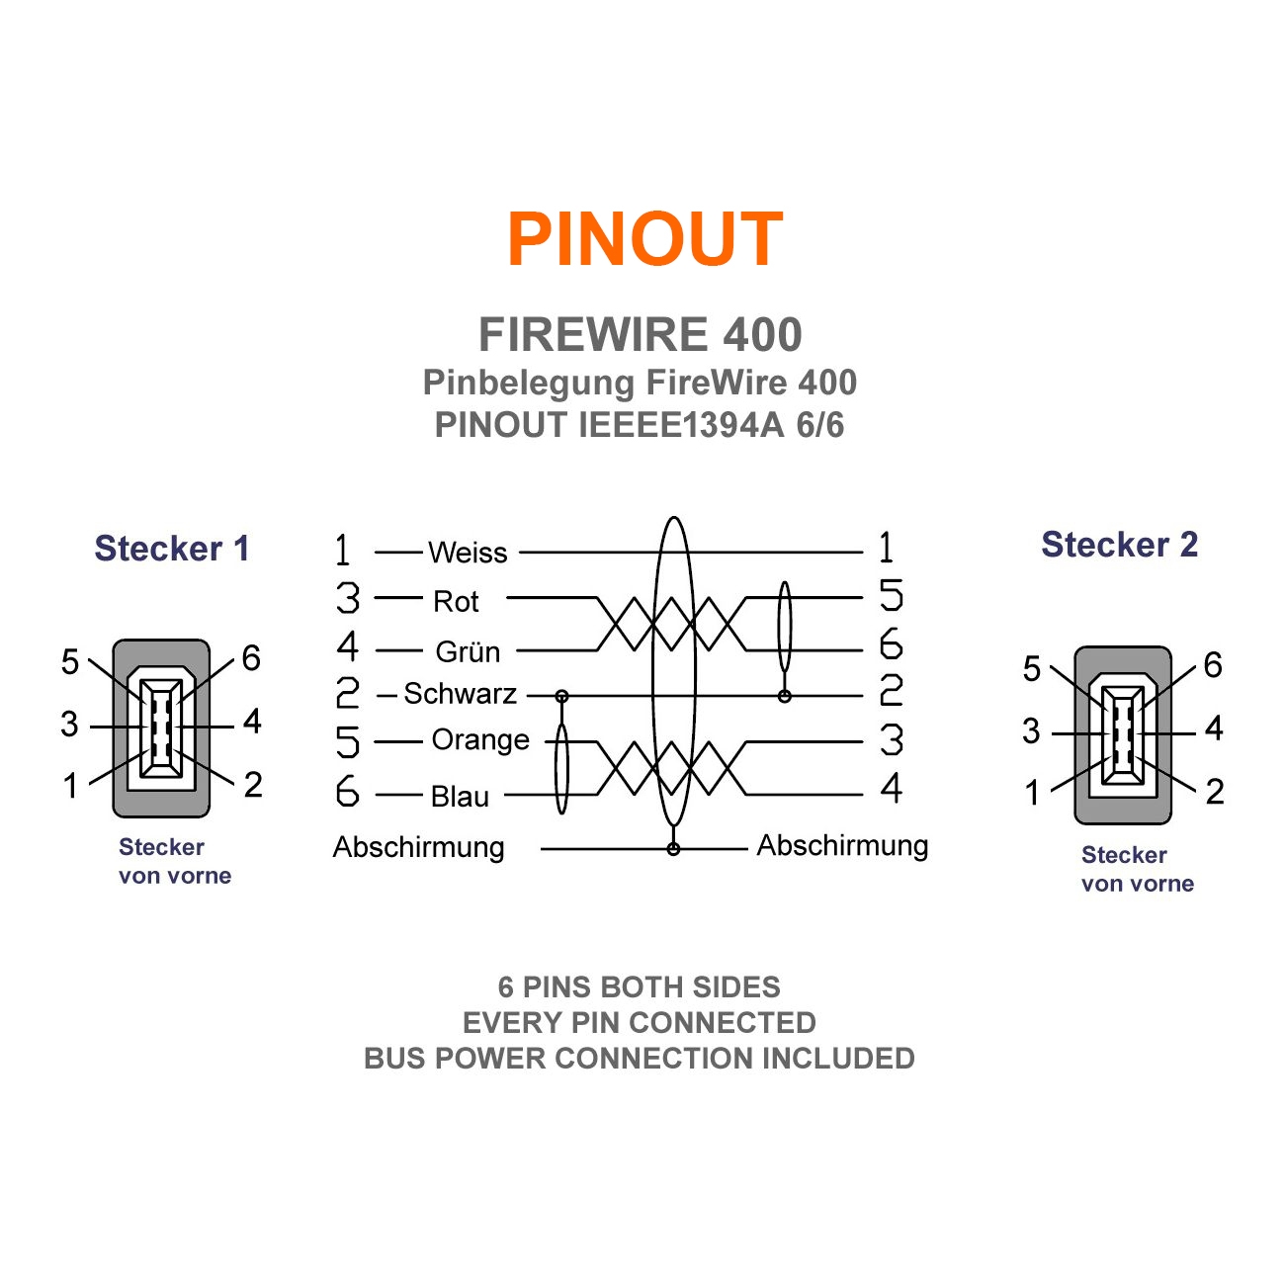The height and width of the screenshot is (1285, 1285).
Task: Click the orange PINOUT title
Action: (x=644, y=239)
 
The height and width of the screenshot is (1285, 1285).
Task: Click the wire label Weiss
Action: (x=468, y=553)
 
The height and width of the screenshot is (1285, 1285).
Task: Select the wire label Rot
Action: (x=456, y=601)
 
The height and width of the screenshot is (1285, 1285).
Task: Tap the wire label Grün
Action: (x=468, y=652)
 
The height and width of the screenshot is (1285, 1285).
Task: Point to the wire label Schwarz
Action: (x=460, y=694)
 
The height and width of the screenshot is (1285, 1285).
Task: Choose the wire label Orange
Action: (x=480, y=740)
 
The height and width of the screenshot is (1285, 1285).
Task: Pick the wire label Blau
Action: (x=460, y=796)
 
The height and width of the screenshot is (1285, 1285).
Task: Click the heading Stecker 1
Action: (x=172, y=549)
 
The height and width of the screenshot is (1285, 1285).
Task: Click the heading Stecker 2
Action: (x=1119, y=545)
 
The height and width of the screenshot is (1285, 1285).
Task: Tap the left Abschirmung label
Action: (x=418, y=847)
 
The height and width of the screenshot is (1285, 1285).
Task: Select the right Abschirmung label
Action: (x=842, y=846)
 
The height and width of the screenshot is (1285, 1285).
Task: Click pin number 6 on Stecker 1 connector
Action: (x=251, y=658)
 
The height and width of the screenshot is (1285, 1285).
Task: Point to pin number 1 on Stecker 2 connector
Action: (x=1032, y=793)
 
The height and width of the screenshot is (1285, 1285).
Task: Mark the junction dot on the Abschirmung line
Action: (x=673, y=849)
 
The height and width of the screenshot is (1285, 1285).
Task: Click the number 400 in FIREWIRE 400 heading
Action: (x=762, y=335)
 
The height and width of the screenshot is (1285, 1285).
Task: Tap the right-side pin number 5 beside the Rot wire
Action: (x=891, y=596)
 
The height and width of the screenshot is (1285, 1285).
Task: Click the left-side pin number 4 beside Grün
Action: (x=347, y=646)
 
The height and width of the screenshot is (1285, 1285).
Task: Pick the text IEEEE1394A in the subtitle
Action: (x=681, y=425)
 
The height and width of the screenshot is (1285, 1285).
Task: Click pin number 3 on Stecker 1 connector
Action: (x=69, y=724)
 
